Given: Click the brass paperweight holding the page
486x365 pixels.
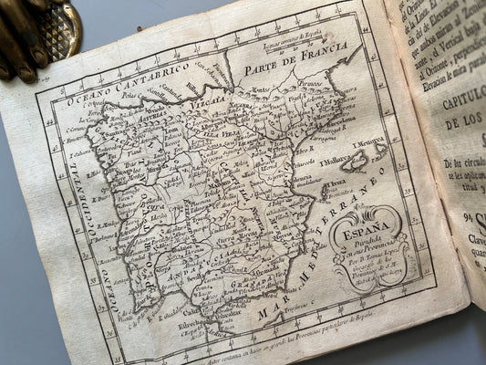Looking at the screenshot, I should [36, 32].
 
